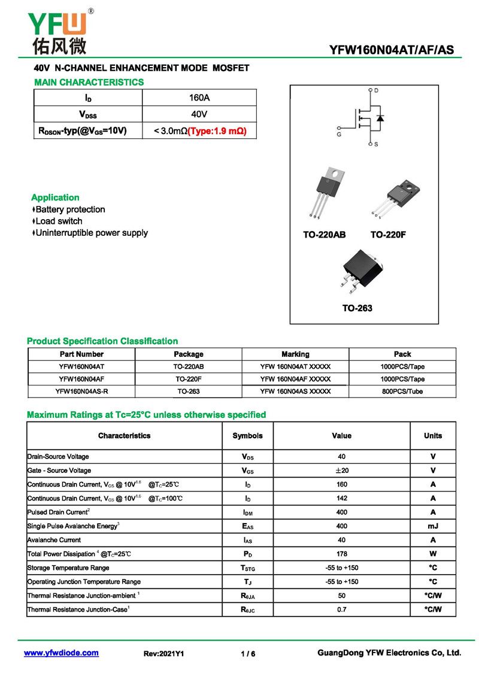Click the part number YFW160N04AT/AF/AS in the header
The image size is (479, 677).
[392, 50]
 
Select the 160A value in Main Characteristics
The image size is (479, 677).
[199, 98]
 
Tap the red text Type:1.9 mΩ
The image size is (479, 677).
[217, 130]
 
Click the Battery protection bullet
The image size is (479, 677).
[69, 210]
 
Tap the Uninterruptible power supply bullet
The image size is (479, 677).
[91, 233]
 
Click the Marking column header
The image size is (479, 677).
[295, 354]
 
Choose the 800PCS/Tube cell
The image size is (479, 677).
[402, 391]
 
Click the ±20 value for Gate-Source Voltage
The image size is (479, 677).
[341, 470]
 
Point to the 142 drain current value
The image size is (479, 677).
[341, 498]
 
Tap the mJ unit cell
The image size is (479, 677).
[432, 526]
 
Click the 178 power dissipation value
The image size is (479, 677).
[341, 554]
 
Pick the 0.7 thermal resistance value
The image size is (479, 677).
[341, 609]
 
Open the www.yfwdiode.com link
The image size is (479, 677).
[61, 653]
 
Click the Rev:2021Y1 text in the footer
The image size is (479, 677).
[163, 654]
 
